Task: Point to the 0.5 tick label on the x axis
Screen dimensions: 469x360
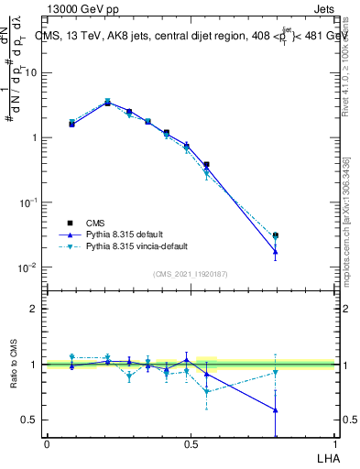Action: (x=191, y=444)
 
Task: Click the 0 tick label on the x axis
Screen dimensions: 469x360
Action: (x=47, y=444)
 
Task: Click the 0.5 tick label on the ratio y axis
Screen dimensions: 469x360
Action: (x=29, y=420)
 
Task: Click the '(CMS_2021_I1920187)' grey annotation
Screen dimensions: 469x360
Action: (x=191, y=273)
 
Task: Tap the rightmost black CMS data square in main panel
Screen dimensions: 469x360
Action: (x=275, y=235)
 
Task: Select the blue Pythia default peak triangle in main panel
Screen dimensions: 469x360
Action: (x=107, y=103)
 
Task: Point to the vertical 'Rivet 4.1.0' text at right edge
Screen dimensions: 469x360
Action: (x=345, y=69)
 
